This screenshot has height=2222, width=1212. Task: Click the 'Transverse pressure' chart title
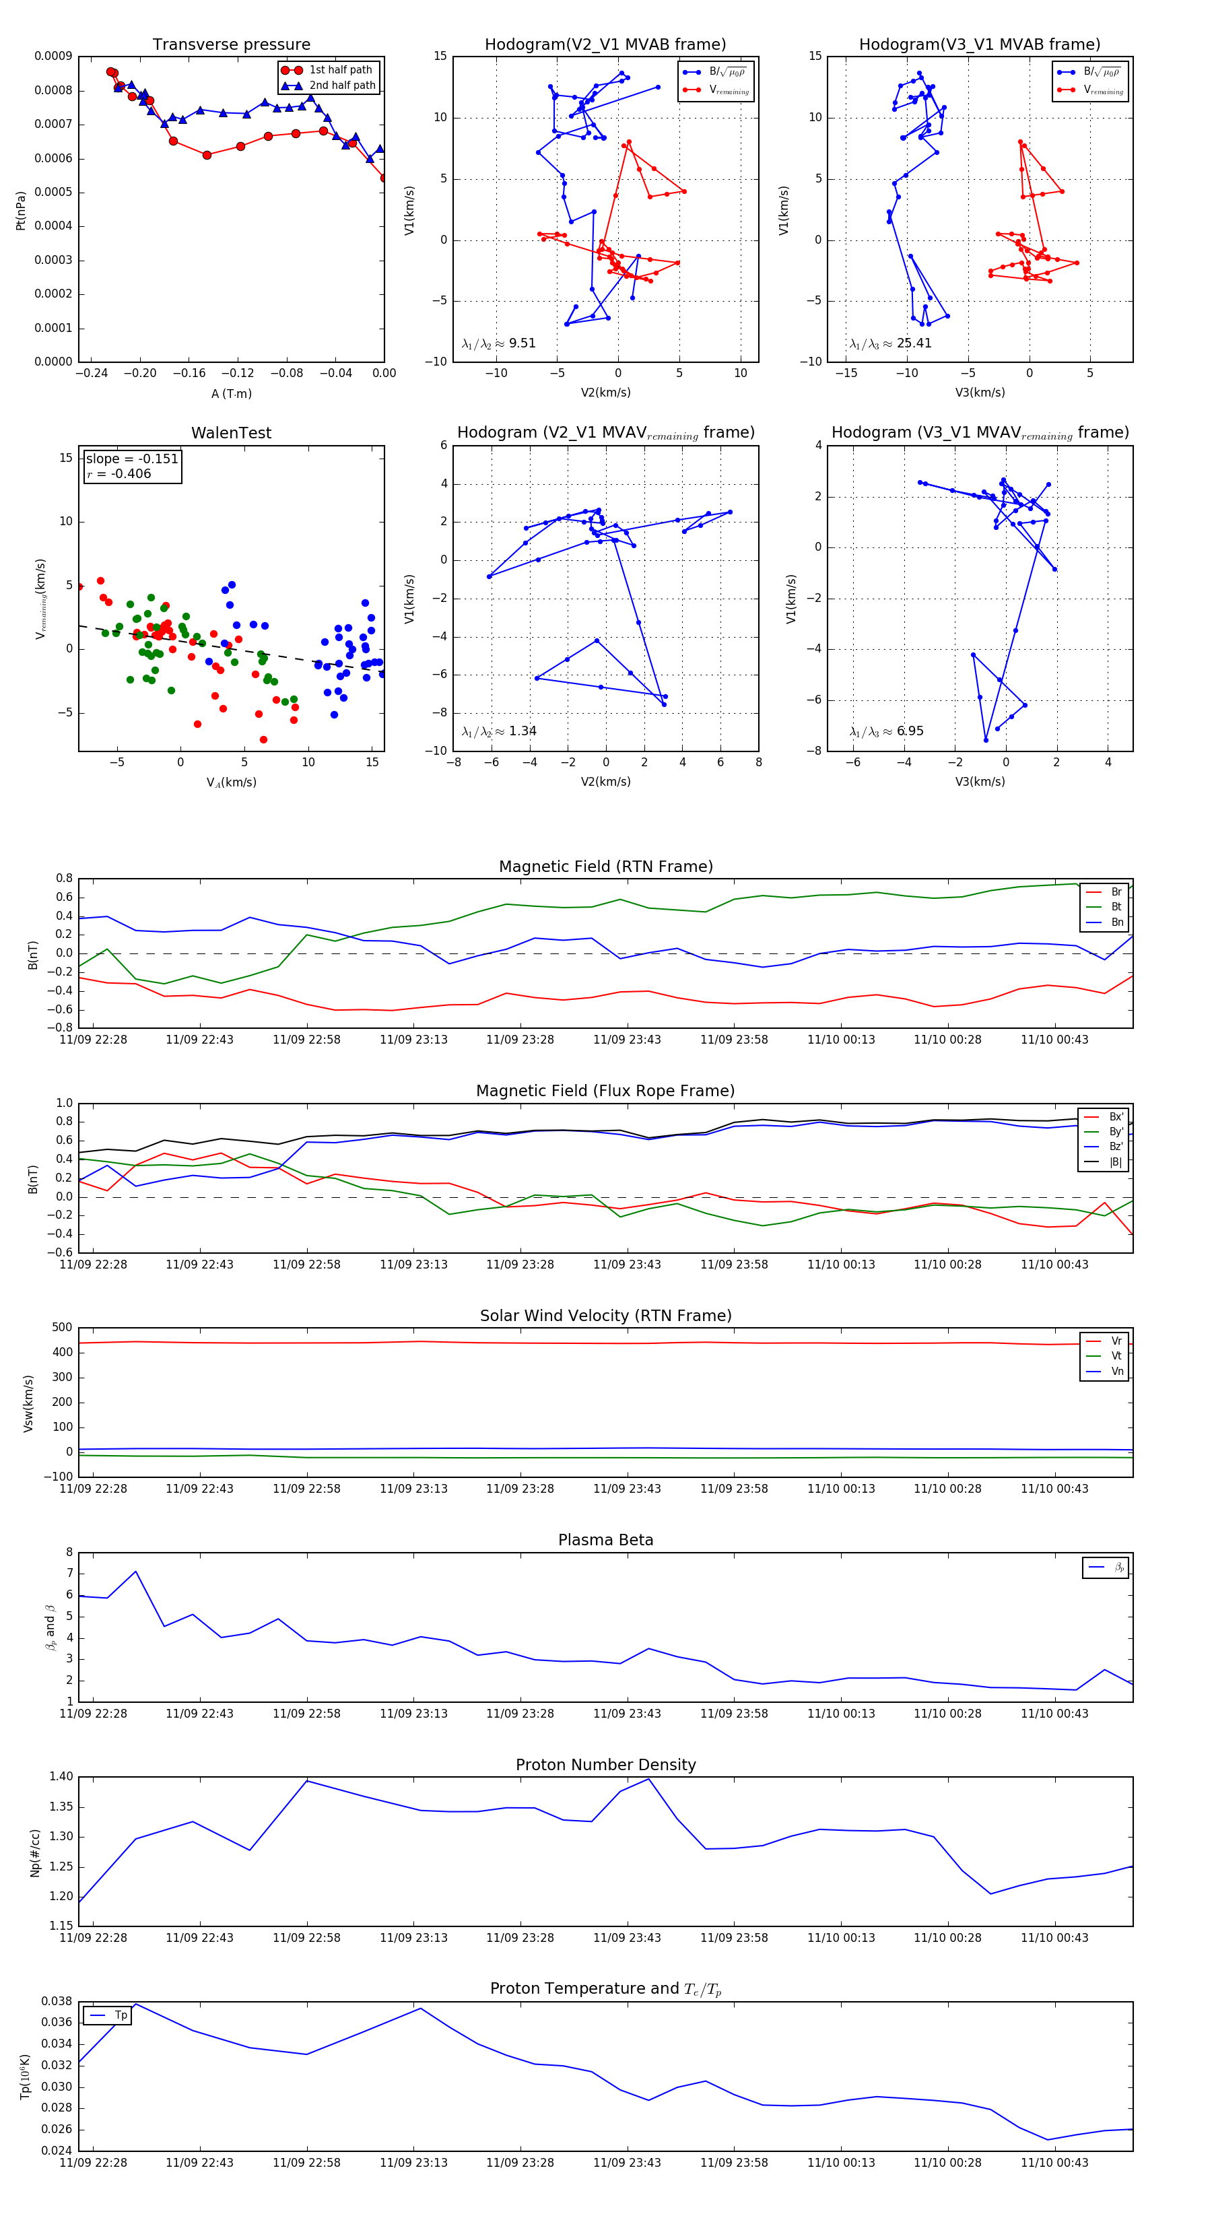click(231, 45)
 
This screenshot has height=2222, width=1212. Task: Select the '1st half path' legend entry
click(340, 70)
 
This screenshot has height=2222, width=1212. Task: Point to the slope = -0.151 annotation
click(132, 459)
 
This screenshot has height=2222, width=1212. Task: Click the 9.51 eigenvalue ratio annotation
click(522, 343)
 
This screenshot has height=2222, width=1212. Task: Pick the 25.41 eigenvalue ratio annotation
click(914, 343)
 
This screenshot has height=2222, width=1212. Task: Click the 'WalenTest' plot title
click(231, 433)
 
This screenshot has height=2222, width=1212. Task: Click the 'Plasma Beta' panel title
click(605, 1540)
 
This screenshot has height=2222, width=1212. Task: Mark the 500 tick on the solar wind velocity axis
click(62, 1328)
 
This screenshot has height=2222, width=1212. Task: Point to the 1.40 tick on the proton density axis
click(61, 1776)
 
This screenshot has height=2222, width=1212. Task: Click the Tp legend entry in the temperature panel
click(120, 2015)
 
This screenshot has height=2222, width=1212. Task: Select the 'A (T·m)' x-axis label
click(231, 394)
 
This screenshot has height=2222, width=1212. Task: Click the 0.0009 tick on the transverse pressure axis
click(53, 57)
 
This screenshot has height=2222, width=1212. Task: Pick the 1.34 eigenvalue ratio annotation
click(522, 731)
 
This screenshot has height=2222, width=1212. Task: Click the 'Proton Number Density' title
click(605, 1765)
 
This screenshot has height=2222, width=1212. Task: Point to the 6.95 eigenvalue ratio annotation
click(909, 731)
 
